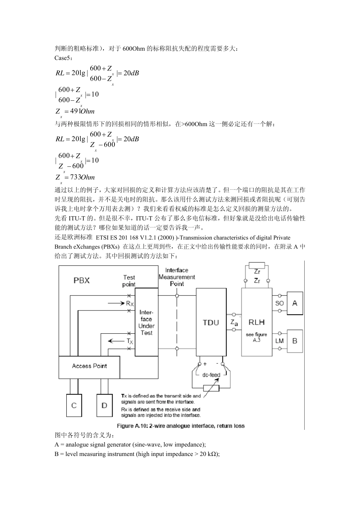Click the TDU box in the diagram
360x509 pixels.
(x=211, y=322)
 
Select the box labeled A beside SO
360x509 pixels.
(x=295, y=303)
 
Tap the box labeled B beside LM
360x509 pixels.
(x=295, y=341)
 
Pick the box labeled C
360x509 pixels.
(x=74, y=406)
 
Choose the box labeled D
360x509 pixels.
(x=104, y=406)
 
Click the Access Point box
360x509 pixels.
(x=89, y=366)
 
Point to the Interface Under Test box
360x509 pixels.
(x=146, y=322)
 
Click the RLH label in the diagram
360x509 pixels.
(x=257, y=322)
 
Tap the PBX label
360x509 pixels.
(x=81, y=280)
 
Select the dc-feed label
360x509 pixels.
(x=211, y=375)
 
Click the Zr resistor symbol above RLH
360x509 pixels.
(x=257, y=265)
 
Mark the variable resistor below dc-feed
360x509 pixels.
(x=211, y=388)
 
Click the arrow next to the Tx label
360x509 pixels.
(x=116, y=341)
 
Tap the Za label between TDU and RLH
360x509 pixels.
(x=234, y=322)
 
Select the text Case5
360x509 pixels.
(x=63, y=58)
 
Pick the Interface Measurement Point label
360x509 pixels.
(x=177, y=277)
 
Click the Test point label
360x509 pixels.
(x=129, y=281)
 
